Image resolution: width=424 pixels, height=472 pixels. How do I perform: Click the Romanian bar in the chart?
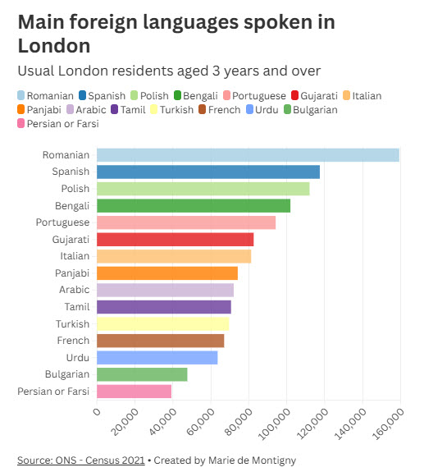click(248, 154)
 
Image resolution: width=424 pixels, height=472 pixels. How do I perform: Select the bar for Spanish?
click(208, 172)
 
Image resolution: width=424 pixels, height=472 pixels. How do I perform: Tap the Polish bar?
click(203, 189)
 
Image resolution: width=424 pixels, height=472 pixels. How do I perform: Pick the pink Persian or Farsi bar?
click(134, 392)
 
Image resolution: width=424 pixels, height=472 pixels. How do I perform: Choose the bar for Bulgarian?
click(142, 374)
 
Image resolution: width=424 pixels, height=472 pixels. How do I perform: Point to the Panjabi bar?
click(167, 273)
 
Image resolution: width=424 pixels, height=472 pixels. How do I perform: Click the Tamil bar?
click(164, 307)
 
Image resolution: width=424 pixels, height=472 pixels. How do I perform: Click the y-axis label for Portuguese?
click(62, 222)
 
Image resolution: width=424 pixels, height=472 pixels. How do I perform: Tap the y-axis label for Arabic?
click(74, 290)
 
